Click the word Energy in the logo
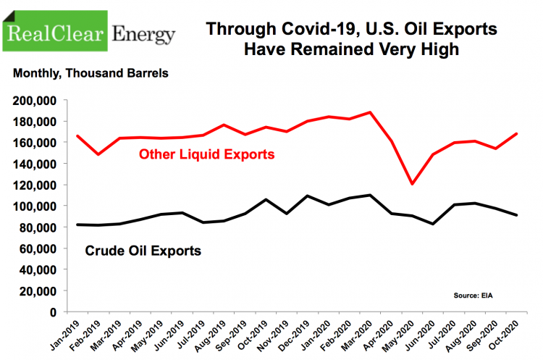pyautogui.click(x=144, y=34)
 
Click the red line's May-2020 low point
pyautogui.click(x=413, y=184)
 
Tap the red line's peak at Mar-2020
pyautogui.click(x=371, y=112)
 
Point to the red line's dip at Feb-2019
pyautogui.click(x=98, y=154)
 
